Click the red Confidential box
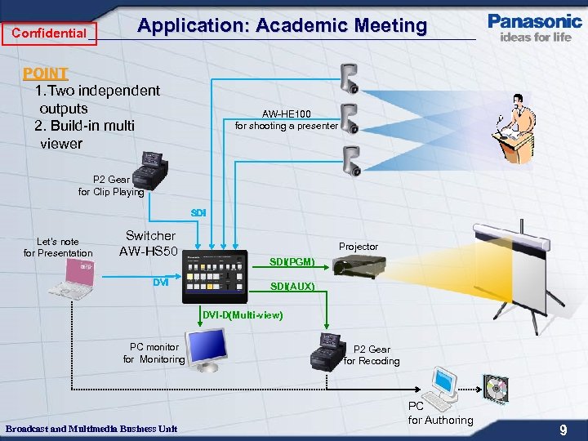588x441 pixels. [x=49, y=33]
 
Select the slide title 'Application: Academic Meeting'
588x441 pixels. [x=282, y=25]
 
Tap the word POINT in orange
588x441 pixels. [x=45, y=73]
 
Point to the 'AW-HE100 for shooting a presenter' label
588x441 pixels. [x=286, y=120]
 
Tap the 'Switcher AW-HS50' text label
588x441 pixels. [x=149, y=243]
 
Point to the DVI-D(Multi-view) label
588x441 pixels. [x=243, y=315]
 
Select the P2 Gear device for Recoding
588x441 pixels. [x=327, y=351]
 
